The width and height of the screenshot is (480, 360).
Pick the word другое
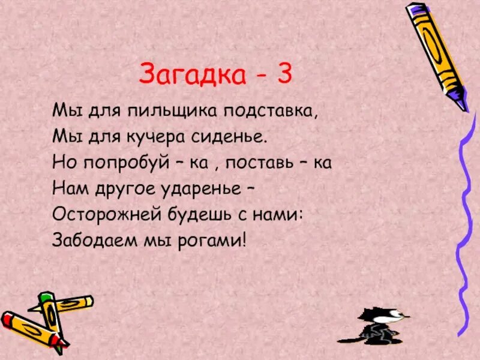(121, 190)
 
